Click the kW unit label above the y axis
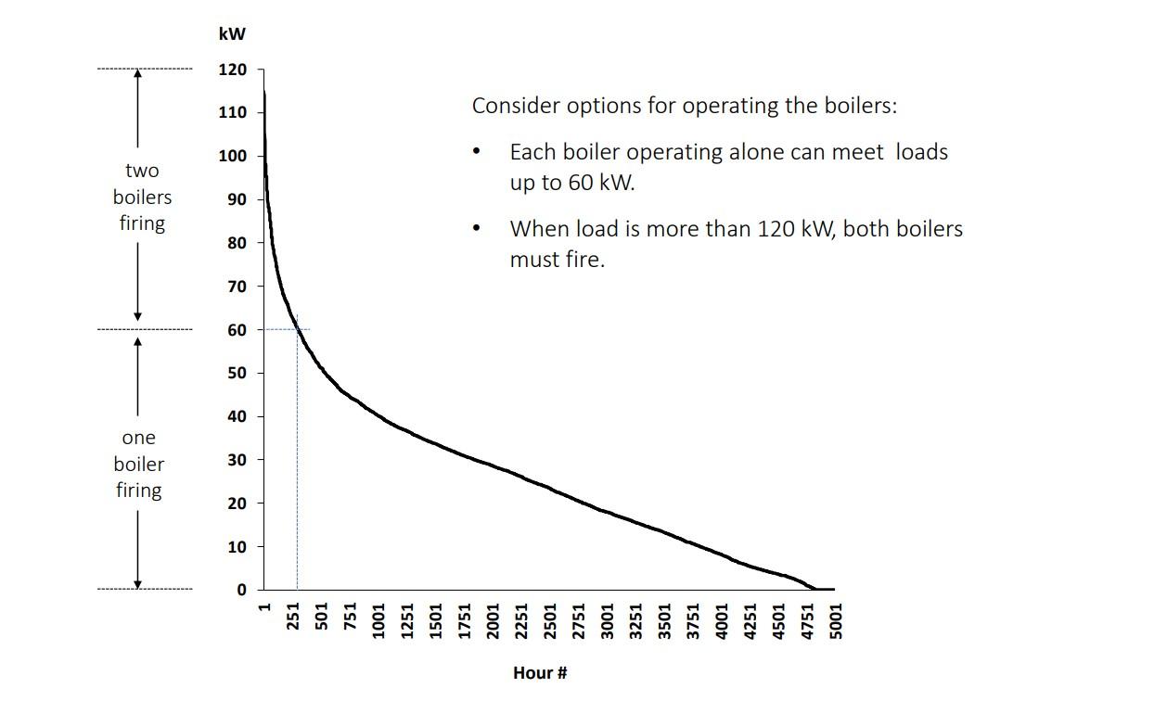[232, 35]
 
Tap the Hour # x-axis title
[539, 673]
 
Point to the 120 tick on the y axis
[233, 70]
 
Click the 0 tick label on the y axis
[241, 590]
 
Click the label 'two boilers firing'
[142, 197]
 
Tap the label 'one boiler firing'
[139, 464]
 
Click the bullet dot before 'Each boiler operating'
[477, 152]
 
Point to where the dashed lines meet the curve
[297, 329]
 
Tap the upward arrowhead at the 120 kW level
[138, 75]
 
